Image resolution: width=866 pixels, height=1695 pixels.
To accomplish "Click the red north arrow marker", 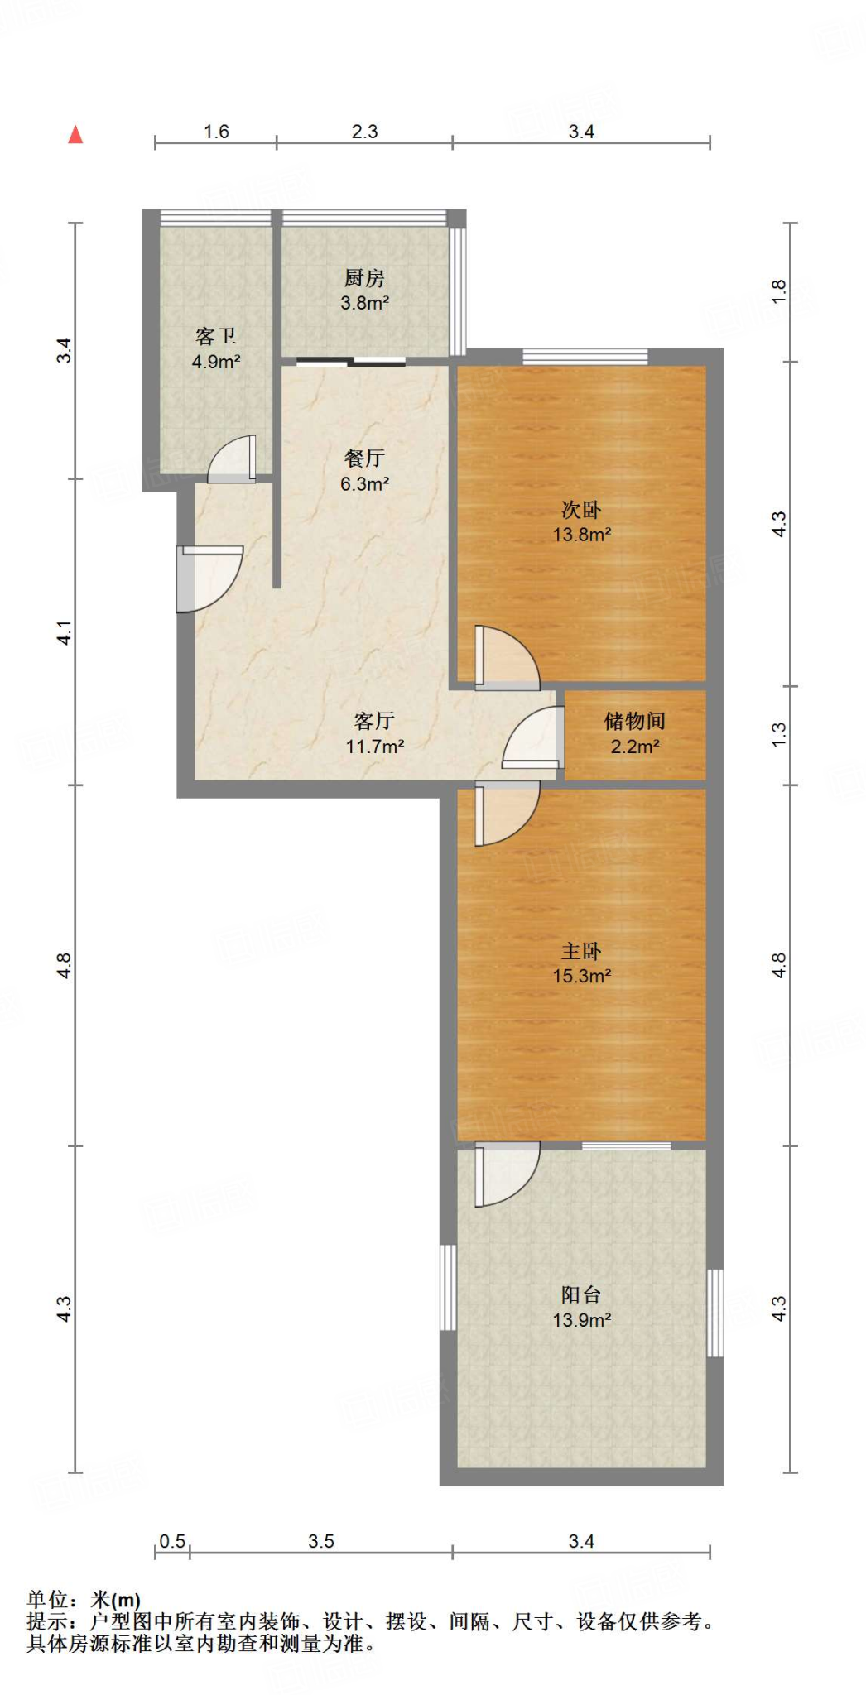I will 75,134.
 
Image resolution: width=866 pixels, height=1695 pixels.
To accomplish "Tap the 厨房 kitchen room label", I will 364,290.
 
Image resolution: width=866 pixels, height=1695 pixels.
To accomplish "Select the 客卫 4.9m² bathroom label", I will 216,348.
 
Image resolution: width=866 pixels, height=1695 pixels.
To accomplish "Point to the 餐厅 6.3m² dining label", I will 364,470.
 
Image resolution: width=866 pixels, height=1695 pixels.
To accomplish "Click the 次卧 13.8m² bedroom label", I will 581,521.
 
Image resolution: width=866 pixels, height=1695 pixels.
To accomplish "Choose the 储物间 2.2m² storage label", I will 635,733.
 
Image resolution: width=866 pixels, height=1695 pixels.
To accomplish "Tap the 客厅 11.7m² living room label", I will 374,733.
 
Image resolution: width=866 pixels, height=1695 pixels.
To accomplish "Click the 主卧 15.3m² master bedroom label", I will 581,963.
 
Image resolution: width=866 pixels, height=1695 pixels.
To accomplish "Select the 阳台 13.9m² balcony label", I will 581,1307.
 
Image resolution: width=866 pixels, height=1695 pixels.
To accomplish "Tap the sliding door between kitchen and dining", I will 351,361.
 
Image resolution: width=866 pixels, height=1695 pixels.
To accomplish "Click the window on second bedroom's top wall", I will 585,357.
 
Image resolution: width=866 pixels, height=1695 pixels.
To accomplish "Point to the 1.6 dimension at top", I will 216,132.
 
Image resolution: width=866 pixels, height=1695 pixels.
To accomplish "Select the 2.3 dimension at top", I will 364,132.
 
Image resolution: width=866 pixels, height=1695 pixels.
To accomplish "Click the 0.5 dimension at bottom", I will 172,1541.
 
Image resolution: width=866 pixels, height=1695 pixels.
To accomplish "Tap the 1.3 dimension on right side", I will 778,734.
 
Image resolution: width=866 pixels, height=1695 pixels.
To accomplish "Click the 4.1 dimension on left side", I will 65,632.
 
